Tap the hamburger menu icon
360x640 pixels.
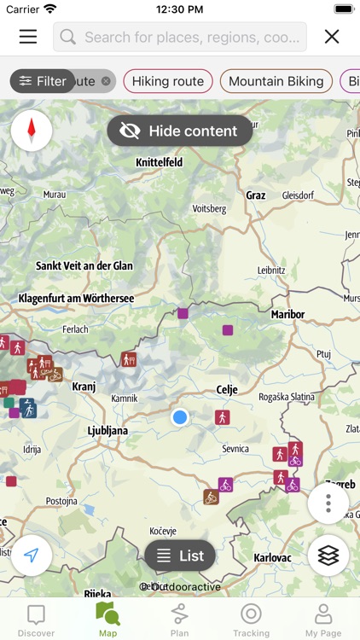point(28,37)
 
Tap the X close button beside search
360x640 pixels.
point(332,37)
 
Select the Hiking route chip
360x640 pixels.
point(167,81)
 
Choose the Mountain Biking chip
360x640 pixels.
point(276,81)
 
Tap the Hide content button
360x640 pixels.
point(179,131)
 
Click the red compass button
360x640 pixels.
point(32,131)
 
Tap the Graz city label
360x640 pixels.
point(256,195)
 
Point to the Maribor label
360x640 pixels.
point(287,314)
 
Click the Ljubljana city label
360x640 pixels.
point(107,431)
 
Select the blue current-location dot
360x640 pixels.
point(179,417)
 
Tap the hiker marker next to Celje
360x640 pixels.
point(223,417)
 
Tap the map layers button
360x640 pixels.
point(328,556)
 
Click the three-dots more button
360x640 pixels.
point(328,504)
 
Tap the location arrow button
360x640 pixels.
point(32,556)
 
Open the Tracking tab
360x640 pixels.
point(251,620)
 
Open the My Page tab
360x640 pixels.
point(323,620)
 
